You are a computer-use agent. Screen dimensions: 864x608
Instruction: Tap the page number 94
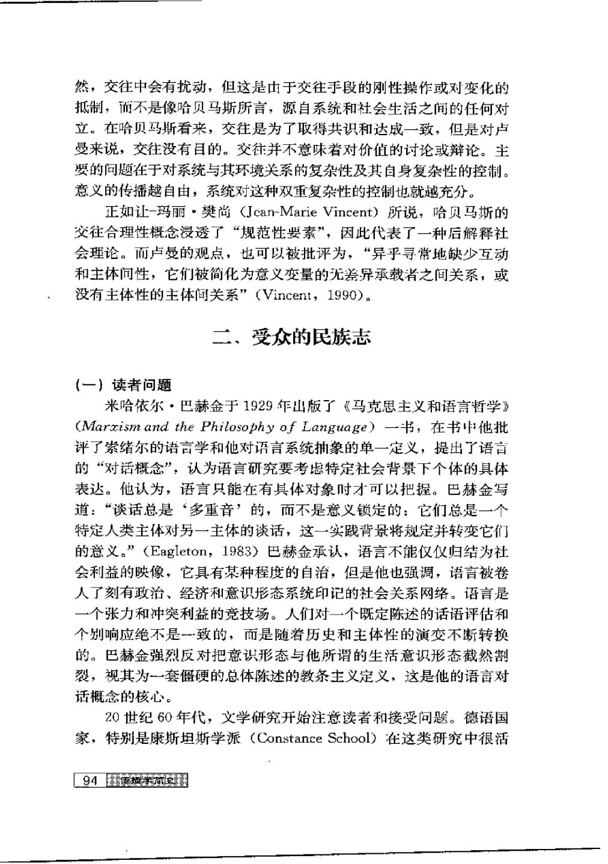[x=89, y=781]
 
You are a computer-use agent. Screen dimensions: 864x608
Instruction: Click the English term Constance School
[x=312, y=738]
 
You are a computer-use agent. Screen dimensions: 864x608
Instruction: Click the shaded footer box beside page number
[x=147, y=781]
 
